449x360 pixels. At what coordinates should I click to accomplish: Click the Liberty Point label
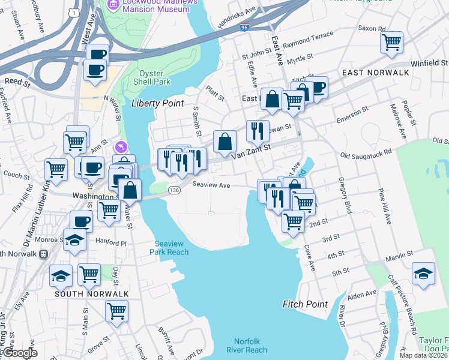coord(157,103)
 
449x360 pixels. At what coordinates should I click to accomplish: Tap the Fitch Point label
coord(305,304)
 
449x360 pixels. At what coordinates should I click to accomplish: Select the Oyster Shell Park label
coord(155,77)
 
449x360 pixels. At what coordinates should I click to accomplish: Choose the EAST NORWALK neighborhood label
coord(375,73)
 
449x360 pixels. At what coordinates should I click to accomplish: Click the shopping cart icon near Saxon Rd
coord(391,43)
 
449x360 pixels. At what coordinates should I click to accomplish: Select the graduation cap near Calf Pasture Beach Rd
coord(423,274)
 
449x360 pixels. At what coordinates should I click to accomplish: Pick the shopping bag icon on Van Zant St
coord(224,142)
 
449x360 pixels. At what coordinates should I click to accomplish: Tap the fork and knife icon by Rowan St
coord(258,130)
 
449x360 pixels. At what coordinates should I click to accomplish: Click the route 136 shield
coord(174,190)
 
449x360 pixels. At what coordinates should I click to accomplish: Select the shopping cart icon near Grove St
coord(116,311)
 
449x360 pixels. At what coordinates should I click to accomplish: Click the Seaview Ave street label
coord(211,185)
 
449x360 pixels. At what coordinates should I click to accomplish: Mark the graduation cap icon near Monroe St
coord(74,241)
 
